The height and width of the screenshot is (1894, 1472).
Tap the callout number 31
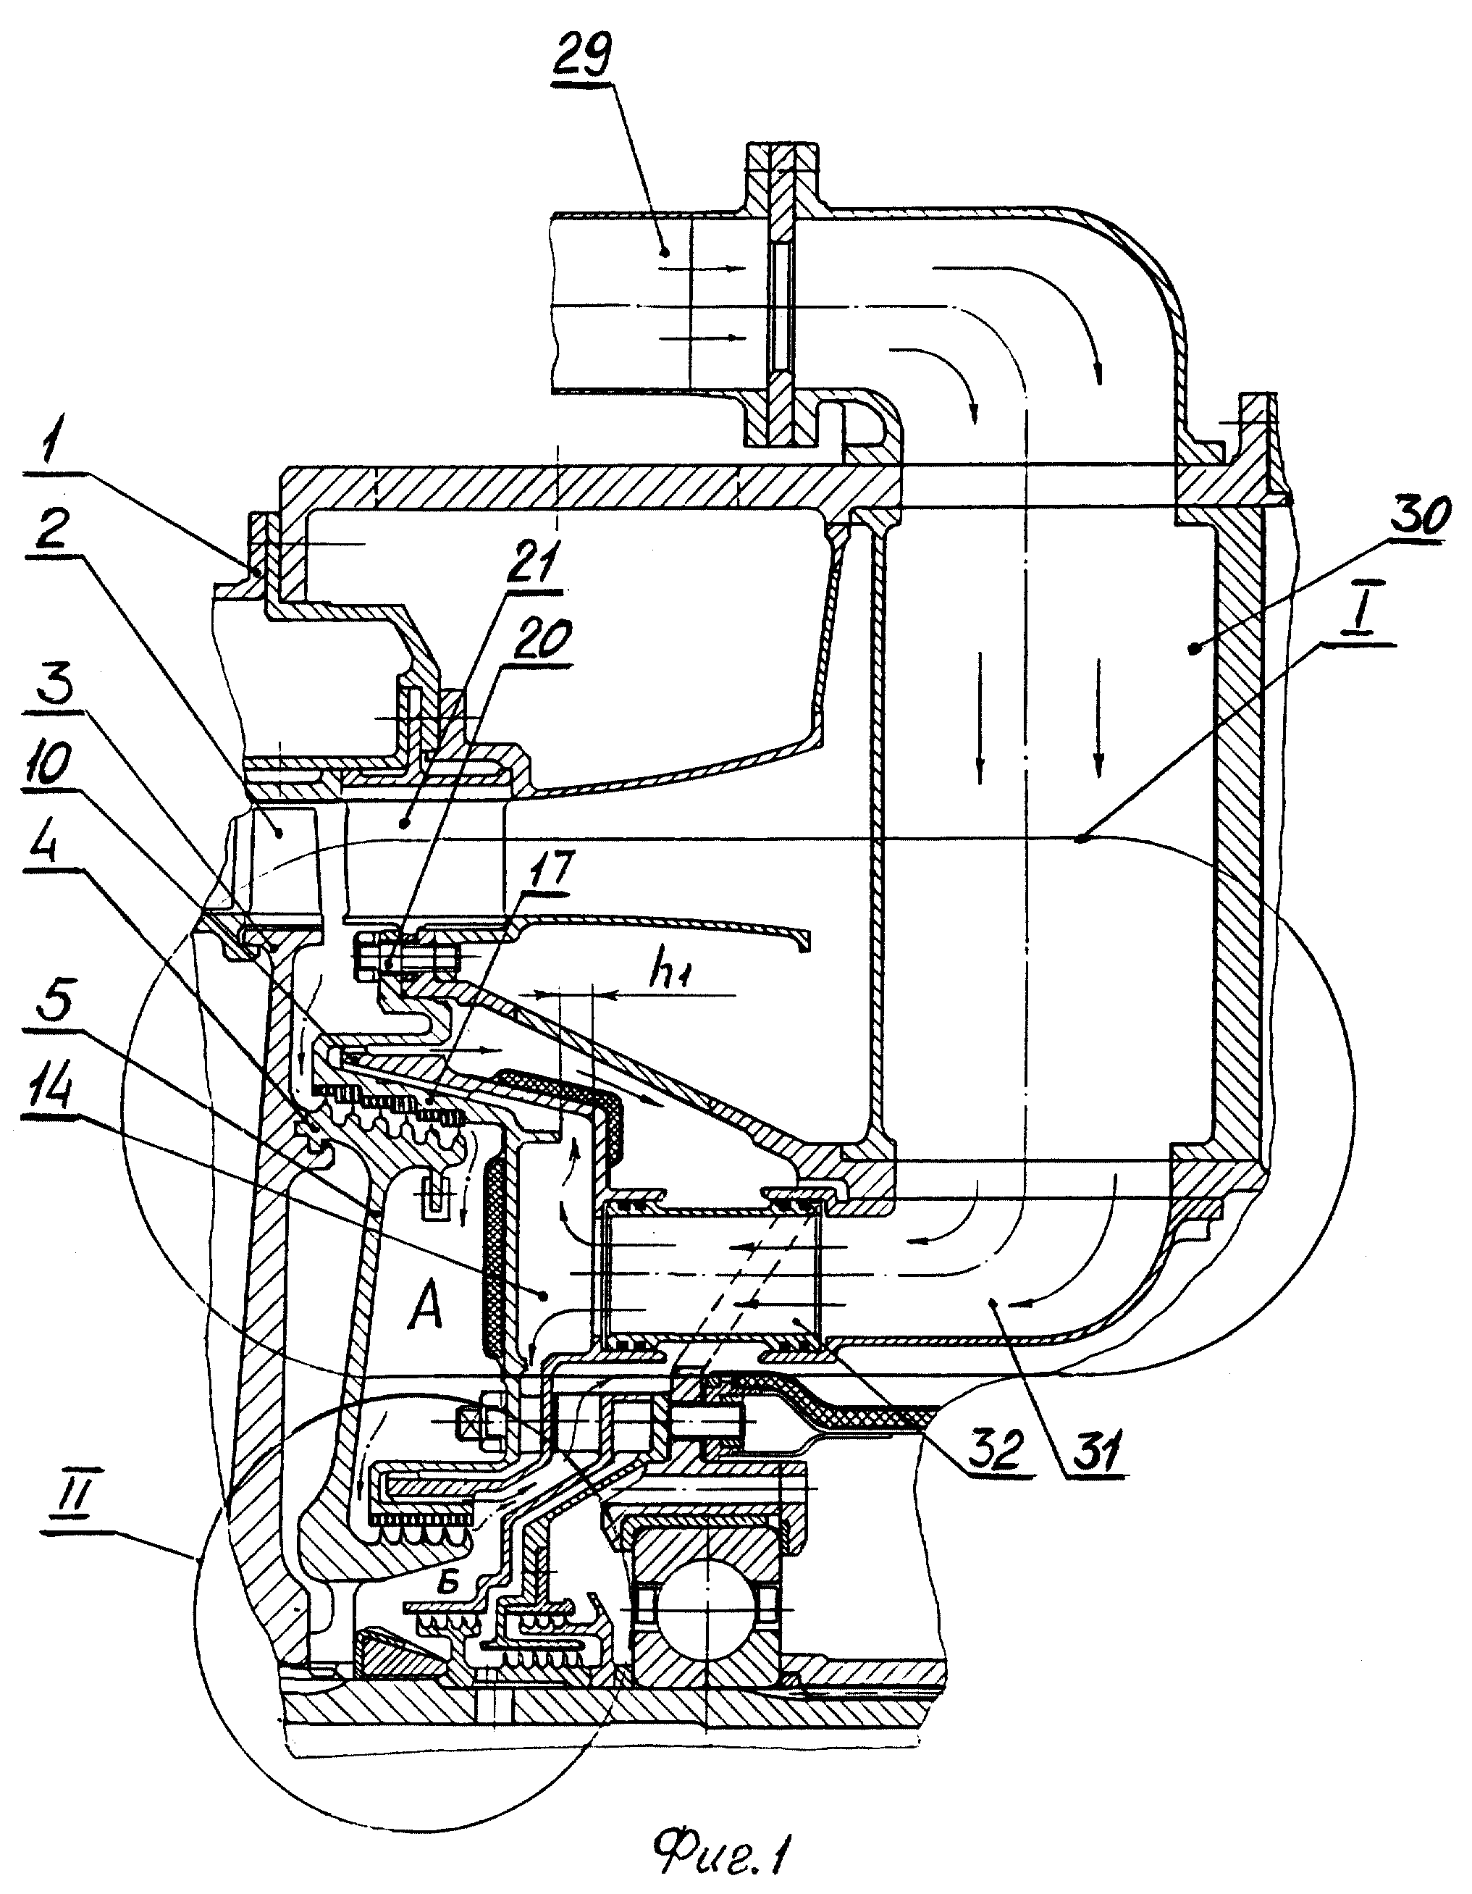pyautogui.click(x=1095, y=1451)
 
